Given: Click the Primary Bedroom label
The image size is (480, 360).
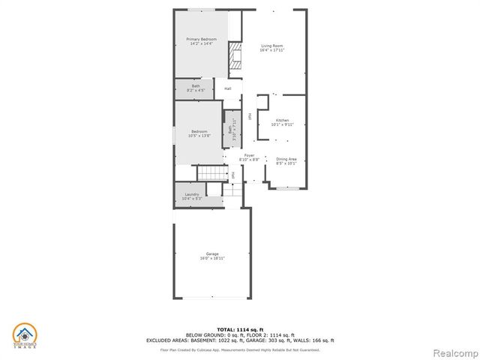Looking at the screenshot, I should [x=202, y=41].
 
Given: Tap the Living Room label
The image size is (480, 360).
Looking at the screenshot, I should [x=271, y=48].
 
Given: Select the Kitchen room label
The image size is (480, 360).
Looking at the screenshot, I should [x=282, y=122].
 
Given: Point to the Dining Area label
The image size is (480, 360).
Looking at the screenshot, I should [x=286, y=160].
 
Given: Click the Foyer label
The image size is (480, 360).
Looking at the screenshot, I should [x=249, y=157].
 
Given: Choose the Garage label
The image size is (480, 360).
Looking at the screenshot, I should [x=212, y=256].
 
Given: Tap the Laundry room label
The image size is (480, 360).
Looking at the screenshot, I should [x=192, y=196].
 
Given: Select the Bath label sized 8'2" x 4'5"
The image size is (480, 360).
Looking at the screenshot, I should [x=196, y=88].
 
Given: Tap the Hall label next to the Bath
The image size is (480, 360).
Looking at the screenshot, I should [x=227, y=89].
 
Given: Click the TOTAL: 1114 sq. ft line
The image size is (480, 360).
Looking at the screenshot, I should [x=239, y=329].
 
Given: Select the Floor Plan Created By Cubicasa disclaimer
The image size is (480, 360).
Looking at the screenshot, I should [x=239, y=349].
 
